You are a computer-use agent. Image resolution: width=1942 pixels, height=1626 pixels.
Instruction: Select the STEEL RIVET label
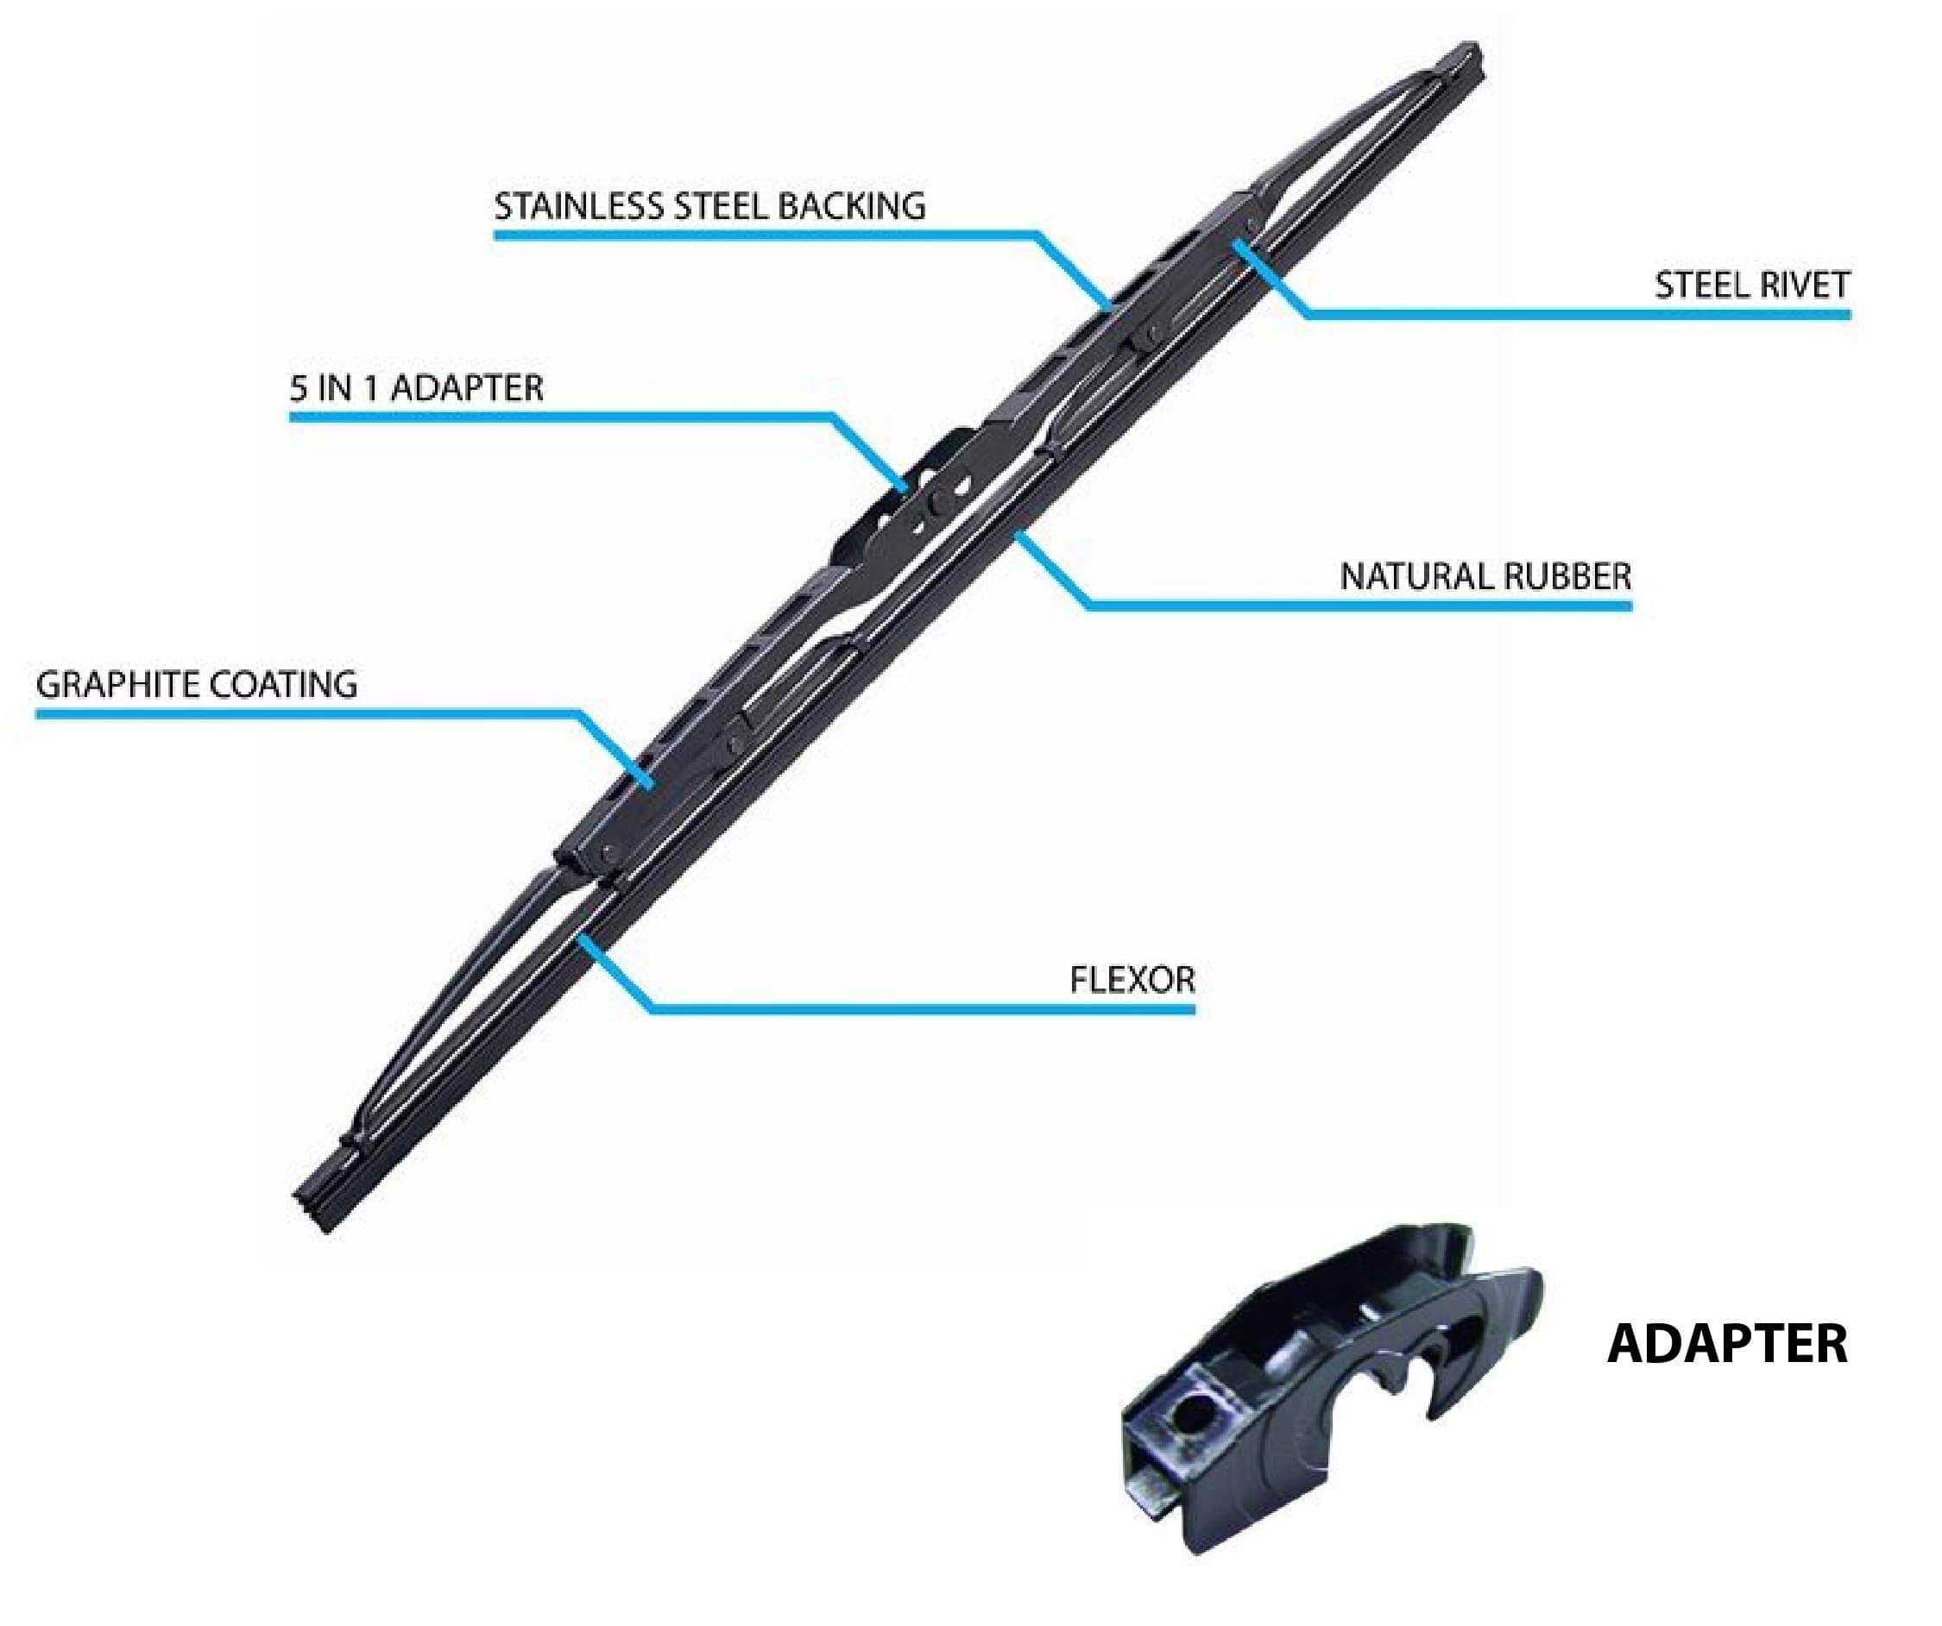pos(1751,286)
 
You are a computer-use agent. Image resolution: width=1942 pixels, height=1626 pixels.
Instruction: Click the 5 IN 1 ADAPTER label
pos(416,387)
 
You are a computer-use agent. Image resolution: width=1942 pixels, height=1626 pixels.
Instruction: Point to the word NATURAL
pos(1415,577)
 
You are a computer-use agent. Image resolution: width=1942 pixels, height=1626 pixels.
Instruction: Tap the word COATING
pos(283,685)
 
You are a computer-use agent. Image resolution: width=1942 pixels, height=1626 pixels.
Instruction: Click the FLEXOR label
pos(1132,980)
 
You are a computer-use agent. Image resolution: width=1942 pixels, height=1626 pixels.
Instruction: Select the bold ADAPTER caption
pos(1726,1344)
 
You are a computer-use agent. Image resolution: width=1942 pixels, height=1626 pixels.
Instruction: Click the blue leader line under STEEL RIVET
pos(1572,315)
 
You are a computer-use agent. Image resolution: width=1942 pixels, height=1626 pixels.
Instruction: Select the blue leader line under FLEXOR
pos(924,1009)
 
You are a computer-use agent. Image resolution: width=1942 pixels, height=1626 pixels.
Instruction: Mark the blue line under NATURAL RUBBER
pos(1359,606)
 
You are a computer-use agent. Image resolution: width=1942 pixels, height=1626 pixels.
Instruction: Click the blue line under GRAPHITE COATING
pos(306,713)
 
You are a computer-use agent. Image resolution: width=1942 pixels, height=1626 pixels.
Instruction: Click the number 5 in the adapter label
pos(298,387)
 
